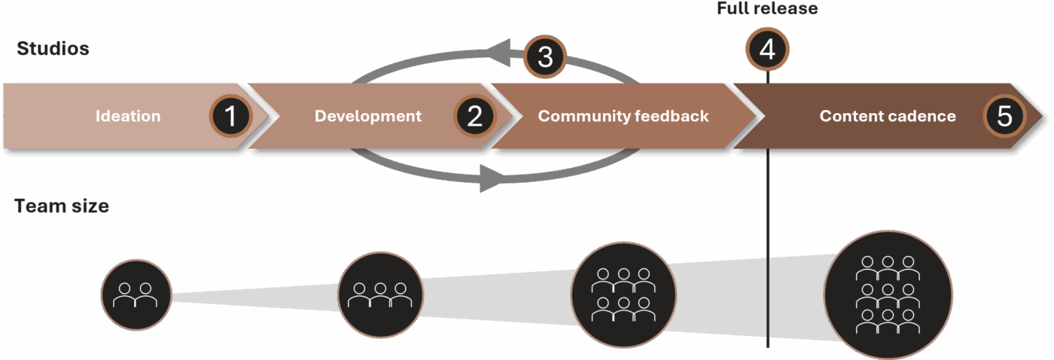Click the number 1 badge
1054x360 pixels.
point(230,116)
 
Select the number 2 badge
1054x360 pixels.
point(474,116)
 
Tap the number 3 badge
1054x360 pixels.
point(544,56)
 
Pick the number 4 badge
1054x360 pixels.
point(766,50)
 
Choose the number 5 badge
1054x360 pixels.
point(1004,116)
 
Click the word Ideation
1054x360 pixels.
point(128,116)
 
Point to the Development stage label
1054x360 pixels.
point(367,116)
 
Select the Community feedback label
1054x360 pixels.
point(623,116)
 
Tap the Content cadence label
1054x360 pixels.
point(888,116)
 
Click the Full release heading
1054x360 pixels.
point(766,9)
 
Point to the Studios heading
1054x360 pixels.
point(53,49)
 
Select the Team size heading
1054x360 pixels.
point(62,206)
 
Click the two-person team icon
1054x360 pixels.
point(136,294)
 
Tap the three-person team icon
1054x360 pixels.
point(380,294)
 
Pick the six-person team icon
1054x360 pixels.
point(623,294)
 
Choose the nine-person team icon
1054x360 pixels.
point(888,294)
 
